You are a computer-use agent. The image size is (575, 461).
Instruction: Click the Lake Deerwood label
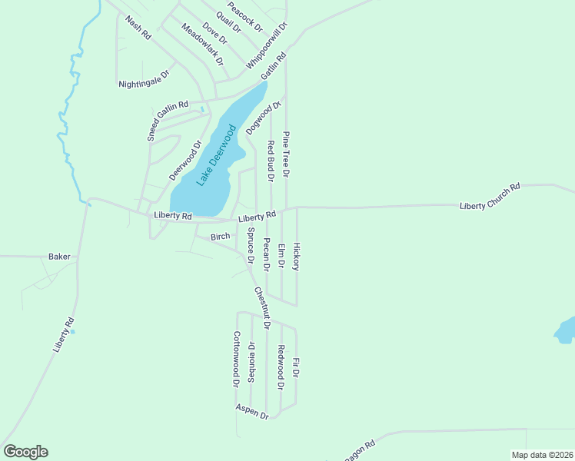click(215, 158)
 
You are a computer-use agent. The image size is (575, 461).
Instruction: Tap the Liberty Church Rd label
click(490, 196)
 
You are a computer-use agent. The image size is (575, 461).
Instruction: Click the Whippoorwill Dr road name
click(267, 46)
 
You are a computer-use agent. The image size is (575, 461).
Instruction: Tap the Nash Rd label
click(138, 28)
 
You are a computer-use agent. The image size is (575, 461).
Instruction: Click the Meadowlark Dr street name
click(202, 44)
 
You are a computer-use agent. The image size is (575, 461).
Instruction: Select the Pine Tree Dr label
click(285, 154)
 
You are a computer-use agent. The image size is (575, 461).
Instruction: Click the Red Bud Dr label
click(271, 161)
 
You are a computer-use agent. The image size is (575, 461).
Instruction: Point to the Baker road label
click(59, 256)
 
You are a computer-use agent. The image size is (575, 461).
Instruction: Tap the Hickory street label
click(296, 257)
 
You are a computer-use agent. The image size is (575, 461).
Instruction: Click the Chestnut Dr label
click(262, 307)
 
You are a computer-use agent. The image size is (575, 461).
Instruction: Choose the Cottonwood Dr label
click(237, 359)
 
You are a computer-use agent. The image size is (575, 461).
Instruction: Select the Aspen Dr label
click(252, 411)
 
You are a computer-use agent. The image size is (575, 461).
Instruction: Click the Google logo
click(25, 451)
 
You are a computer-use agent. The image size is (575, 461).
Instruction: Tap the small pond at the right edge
click(565, 330)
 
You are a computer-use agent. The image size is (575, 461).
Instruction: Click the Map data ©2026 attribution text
click(541, 455)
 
